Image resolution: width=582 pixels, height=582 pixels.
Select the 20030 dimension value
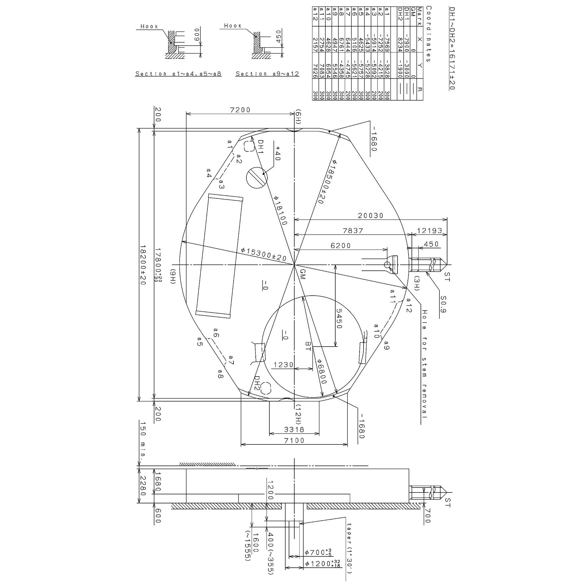click(x=371, y=215)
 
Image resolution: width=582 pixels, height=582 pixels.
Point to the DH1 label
click(x=260, y=147)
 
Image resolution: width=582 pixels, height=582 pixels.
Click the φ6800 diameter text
click(x=321, y=372)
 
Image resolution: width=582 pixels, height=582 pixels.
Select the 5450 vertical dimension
click(x=339, y=319)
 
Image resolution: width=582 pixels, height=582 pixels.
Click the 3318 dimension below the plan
click(x=294, y=430)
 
